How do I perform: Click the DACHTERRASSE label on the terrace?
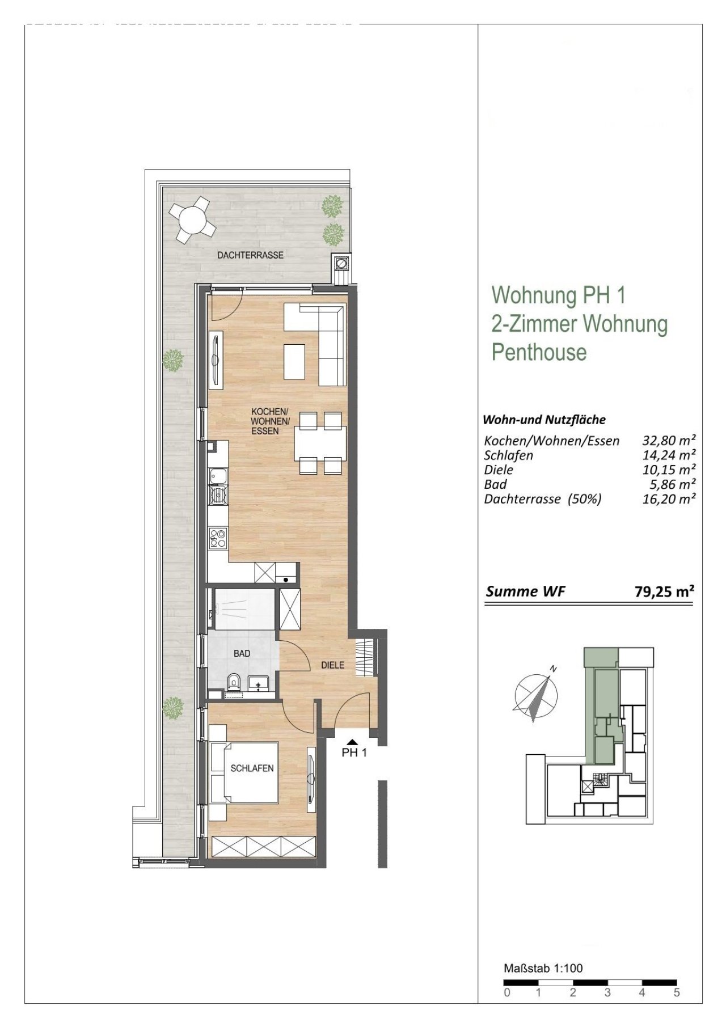click(x=250, y=255)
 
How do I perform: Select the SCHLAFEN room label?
click(x=252, y=768)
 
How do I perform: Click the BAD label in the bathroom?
click(x=242, y=653)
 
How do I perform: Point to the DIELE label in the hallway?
click(x=332, y=665)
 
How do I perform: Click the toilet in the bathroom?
click(x=233, y=682)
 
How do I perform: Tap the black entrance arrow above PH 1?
click(x=352, y=741)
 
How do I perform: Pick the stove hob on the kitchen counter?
click(x=217, y=537)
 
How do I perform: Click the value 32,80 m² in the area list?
click(x=668, y=440)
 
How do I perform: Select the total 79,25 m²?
click(x=664, y=591)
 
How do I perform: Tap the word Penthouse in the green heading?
click(x=538, y=352)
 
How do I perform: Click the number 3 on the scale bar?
click(x=607, y=992)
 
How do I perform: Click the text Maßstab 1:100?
click(x=543, y=969)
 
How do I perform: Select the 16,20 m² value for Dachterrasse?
click(x=668, y=499)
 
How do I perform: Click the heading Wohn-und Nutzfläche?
click(x=544, y=420)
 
